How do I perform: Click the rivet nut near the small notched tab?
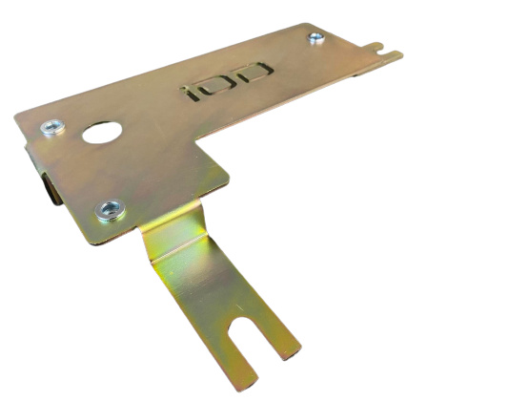tap(316, 37)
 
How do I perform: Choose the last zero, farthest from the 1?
tap(254, 72)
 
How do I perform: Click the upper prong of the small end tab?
tap(381, 43)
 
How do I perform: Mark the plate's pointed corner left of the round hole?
tap(17, 117)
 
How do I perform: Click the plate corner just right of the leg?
tap(229, 177)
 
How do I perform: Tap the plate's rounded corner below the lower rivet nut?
tap(95, 240)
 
